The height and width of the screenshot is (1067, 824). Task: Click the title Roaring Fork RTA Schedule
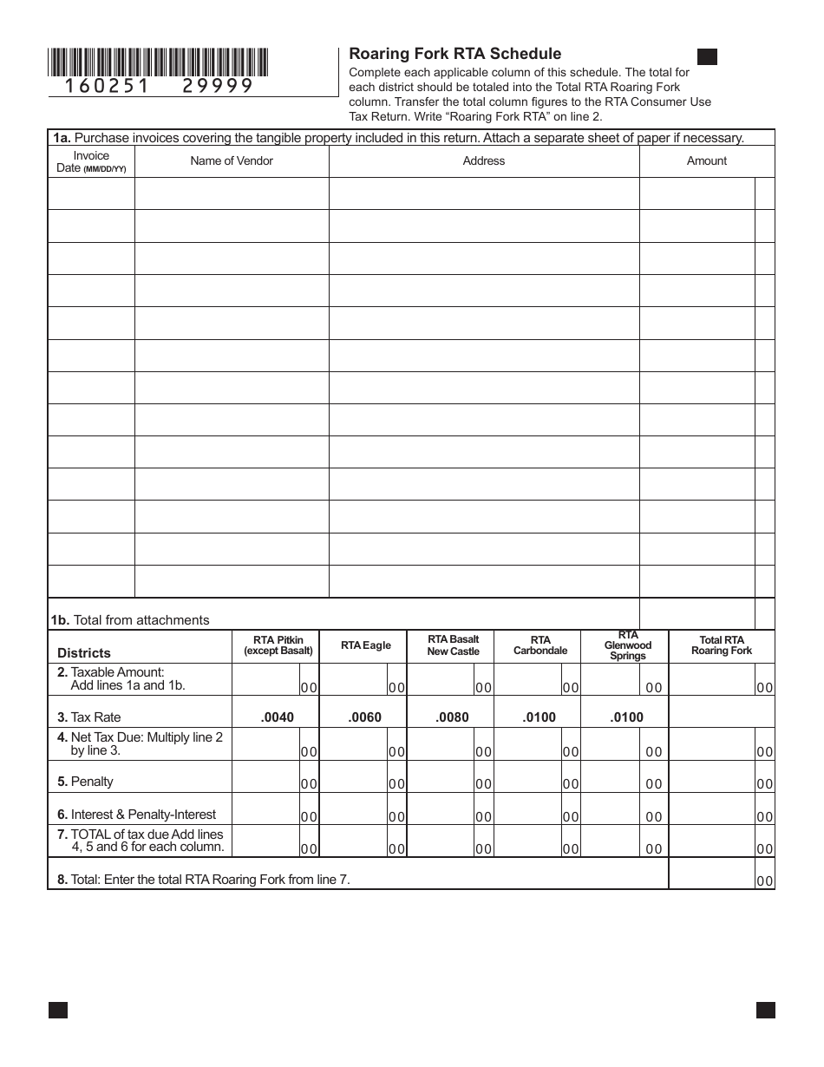pos(455,54)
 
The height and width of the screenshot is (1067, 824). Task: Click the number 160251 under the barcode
pos(108,86)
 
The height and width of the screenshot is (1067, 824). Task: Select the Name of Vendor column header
pos(232,160)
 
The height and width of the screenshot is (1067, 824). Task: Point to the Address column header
pos(483,160)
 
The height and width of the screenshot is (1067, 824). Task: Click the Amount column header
pos(706,160)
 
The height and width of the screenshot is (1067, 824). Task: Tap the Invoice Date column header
pos(91,161)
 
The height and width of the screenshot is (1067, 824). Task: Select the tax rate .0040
pos(278,717)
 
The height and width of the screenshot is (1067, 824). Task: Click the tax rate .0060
pos(364,717)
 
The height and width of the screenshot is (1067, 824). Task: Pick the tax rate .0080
pos(452,717)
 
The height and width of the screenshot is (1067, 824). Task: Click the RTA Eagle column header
pos(365,645)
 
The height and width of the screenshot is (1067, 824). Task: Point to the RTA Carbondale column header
pos(540,645)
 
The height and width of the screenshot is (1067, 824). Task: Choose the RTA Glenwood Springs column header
pos(627,645)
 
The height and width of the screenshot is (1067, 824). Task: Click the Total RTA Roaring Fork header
pos(721,645)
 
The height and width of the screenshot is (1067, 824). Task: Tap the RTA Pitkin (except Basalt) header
pos(278,645)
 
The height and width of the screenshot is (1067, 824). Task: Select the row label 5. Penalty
pos(85,782)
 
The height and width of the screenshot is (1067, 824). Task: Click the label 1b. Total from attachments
pos(129,620)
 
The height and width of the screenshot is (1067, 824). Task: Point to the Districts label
pos(84,653)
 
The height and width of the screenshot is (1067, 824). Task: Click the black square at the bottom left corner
pos(58,1010)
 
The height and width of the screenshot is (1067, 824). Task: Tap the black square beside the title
pos(707,57)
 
